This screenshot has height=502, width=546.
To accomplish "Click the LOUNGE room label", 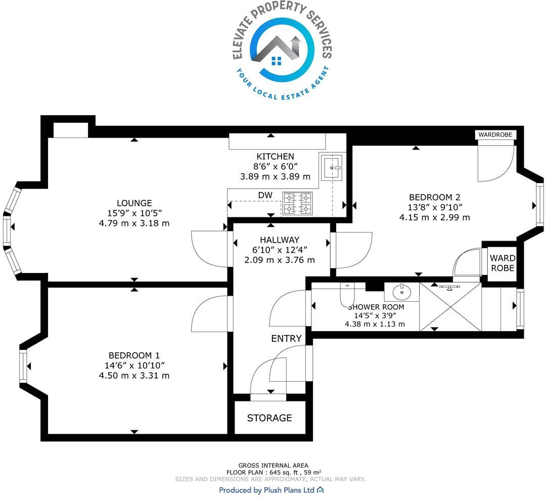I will click(134, 203).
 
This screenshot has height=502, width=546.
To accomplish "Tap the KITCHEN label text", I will click(275, 157).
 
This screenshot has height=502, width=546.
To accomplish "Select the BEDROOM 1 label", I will click(134, 355).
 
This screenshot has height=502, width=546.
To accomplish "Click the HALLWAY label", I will click(280, 240).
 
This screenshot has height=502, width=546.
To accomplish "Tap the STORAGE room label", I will click(269, 418).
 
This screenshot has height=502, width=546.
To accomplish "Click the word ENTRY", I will click(286, 339).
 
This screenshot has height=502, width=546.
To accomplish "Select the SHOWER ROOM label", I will click(376, 307).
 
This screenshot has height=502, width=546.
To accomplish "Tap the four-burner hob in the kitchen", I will click(297, 203).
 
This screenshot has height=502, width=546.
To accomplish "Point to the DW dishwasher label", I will click(265, 195).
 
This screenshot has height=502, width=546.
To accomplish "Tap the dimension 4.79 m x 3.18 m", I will click(134, 223).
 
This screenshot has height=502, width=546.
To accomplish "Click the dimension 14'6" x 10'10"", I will click(134, 366).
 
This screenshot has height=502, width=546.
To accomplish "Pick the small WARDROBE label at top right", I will click(495, 134).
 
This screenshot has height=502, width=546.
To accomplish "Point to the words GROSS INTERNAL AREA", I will click(273, 466).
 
